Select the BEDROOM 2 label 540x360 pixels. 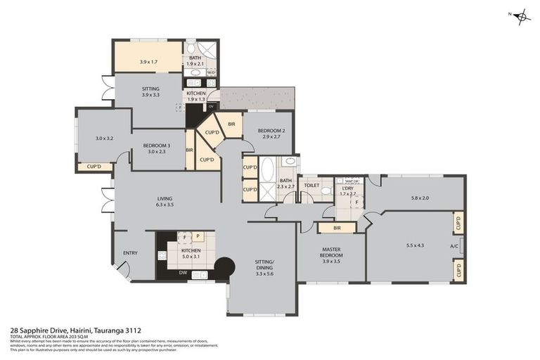click(x=271, y=131)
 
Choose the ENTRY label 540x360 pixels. click(x=130, y=253)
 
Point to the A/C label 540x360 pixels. click(x=454, y=246)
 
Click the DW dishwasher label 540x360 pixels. click(x=183, y=273)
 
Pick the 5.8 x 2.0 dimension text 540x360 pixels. click(x=420, y=198)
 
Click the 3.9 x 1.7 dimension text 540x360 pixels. click(x=148, y=62)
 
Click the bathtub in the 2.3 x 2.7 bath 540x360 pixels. click(x=268, y=172)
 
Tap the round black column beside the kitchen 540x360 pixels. click(x=224, y=268)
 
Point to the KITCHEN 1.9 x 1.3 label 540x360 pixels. click(x=196, y=96)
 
